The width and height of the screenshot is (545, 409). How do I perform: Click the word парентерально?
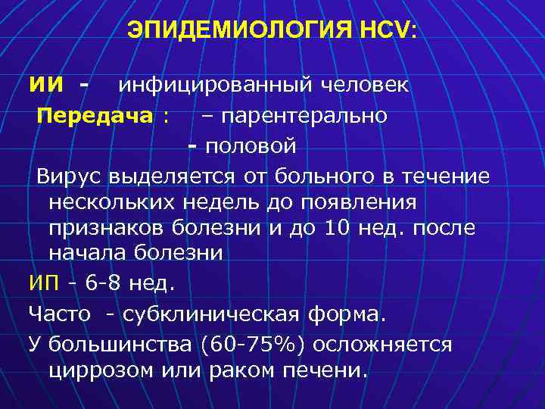coord(304,116)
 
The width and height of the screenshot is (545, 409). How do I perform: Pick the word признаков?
coord(107,228)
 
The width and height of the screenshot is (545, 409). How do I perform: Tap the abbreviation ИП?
coord(42,284)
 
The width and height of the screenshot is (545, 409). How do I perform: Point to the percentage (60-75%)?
coord(254,345)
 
